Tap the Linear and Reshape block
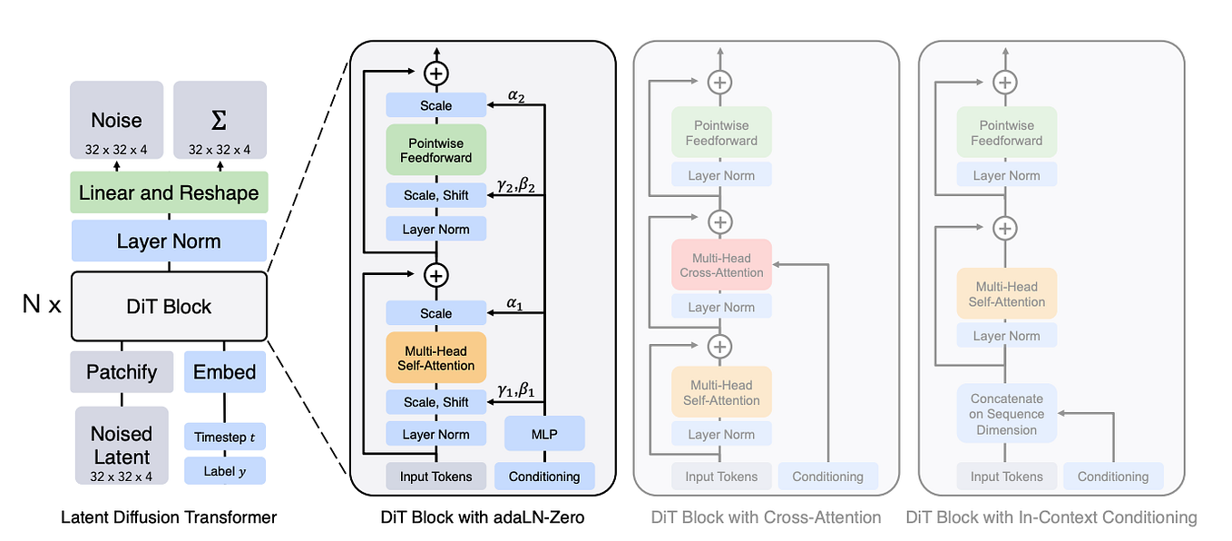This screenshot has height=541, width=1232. (169, 192)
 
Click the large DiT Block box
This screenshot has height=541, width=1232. (169, 306)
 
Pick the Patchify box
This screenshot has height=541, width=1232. (122, 372)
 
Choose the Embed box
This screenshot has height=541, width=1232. (225, 372)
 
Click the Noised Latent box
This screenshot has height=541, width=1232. (122, 445)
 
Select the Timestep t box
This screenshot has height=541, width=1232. (225, 437)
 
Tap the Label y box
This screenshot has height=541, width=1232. (225, 471)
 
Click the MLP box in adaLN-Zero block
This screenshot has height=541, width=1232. (544, 434)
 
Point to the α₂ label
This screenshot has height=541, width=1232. (515, 95)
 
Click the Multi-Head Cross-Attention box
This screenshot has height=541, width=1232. (721, 264)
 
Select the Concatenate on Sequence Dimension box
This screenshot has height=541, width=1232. (1007, 414)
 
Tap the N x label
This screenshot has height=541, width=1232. (42, 305)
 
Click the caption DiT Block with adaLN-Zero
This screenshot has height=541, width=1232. (483, 517)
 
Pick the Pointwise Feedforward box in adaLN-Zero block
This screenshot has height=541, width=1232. (436, 150)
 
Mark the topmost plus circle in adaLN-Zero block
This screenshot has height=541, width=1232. (436, 74)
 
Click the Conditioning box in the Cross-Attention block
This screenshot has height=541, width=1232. (827, 477)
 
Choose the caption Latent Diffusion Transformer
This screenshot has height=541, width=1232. (169, 517)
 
